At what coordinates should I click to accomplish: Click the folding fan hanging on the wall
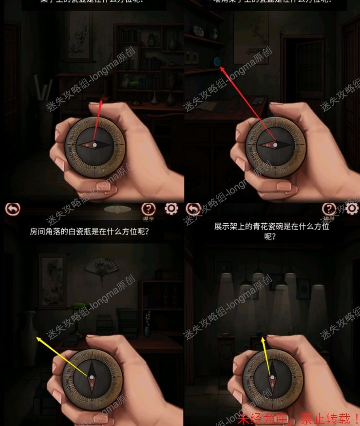click(101, 267)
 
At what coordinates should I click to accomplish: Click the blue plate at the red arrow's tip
click(217, 61)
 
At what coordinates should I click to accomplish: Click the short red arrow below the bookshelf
click(98, 122)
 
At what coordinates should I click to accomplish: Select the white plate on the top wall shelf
click(198, 30)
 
